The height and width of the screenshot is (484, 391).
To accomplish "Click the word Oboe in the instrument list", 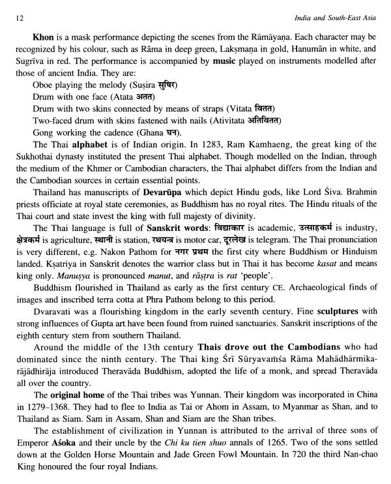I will click(x=42, y=85).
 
